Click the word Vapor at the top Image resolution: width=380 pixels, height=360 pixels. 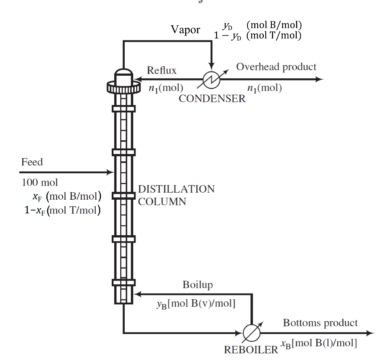pos(185,30)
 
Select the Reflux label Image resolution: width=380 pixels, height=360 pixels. pos(161,70)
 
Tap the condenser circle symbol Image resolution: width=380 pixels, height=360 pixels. pos(211,79)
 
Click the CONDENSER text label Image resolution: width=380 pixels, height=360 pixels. pos(212,98)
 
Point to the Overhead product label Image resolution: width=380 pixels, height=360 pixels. pos(276,67)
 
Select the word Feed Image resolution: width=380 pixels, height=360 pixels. pos(32,162)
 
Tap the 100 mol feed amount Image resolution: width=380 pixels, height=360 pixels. pos(40,182)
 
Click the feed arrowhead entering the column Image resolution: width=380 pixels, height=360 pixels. pos(110,172)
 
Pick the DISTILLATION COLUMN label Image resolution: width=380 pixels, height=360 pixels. pos(176,195)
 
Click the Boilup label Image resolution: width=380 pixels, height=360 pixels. pos(198,285)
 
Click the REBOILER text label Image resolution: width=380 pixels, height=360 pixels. pos(251,349)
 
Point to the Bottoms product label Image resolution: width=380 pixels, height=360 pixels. pos(320,323)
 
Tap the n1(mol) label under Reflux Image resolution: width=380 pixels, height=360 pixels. pos(166,88)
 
